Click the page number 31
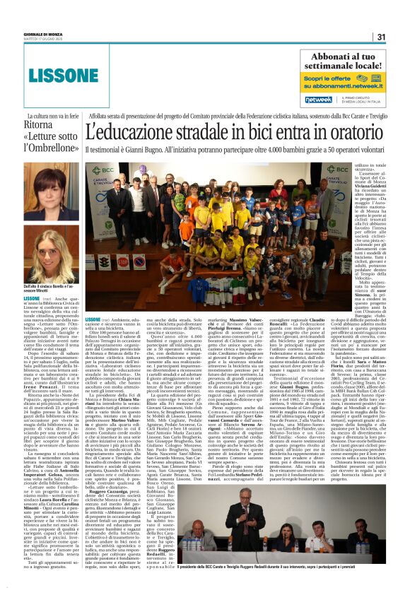pyautogui.click(x=380, y=37)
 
